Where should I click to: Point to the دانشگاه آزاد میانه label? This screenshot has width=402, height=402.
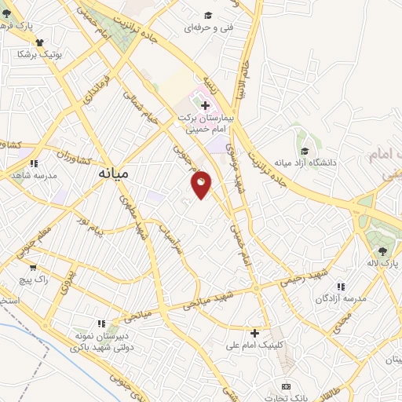(305, 163)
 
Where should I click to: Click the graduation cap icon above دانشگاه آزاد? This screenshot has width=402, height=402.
(304, 151)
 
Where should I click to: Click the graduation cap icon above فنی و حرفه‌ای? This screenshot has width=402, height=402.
(208, 15)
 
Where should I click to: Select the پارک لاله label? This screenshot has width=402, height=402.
(384, 264)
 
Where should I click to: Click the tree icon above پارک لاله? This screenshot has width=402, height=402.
(382, 251)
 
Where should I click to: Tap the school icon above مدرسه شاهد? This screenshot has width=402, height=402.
(35, 164)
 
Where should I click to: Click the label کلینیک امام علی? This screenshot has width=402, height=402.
(253, 345)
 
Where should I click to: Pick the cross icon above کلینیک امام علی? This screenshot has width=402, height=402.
(254, 333)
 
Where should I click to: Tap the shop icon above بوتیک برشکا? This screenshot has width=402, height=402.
(39, 43)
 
